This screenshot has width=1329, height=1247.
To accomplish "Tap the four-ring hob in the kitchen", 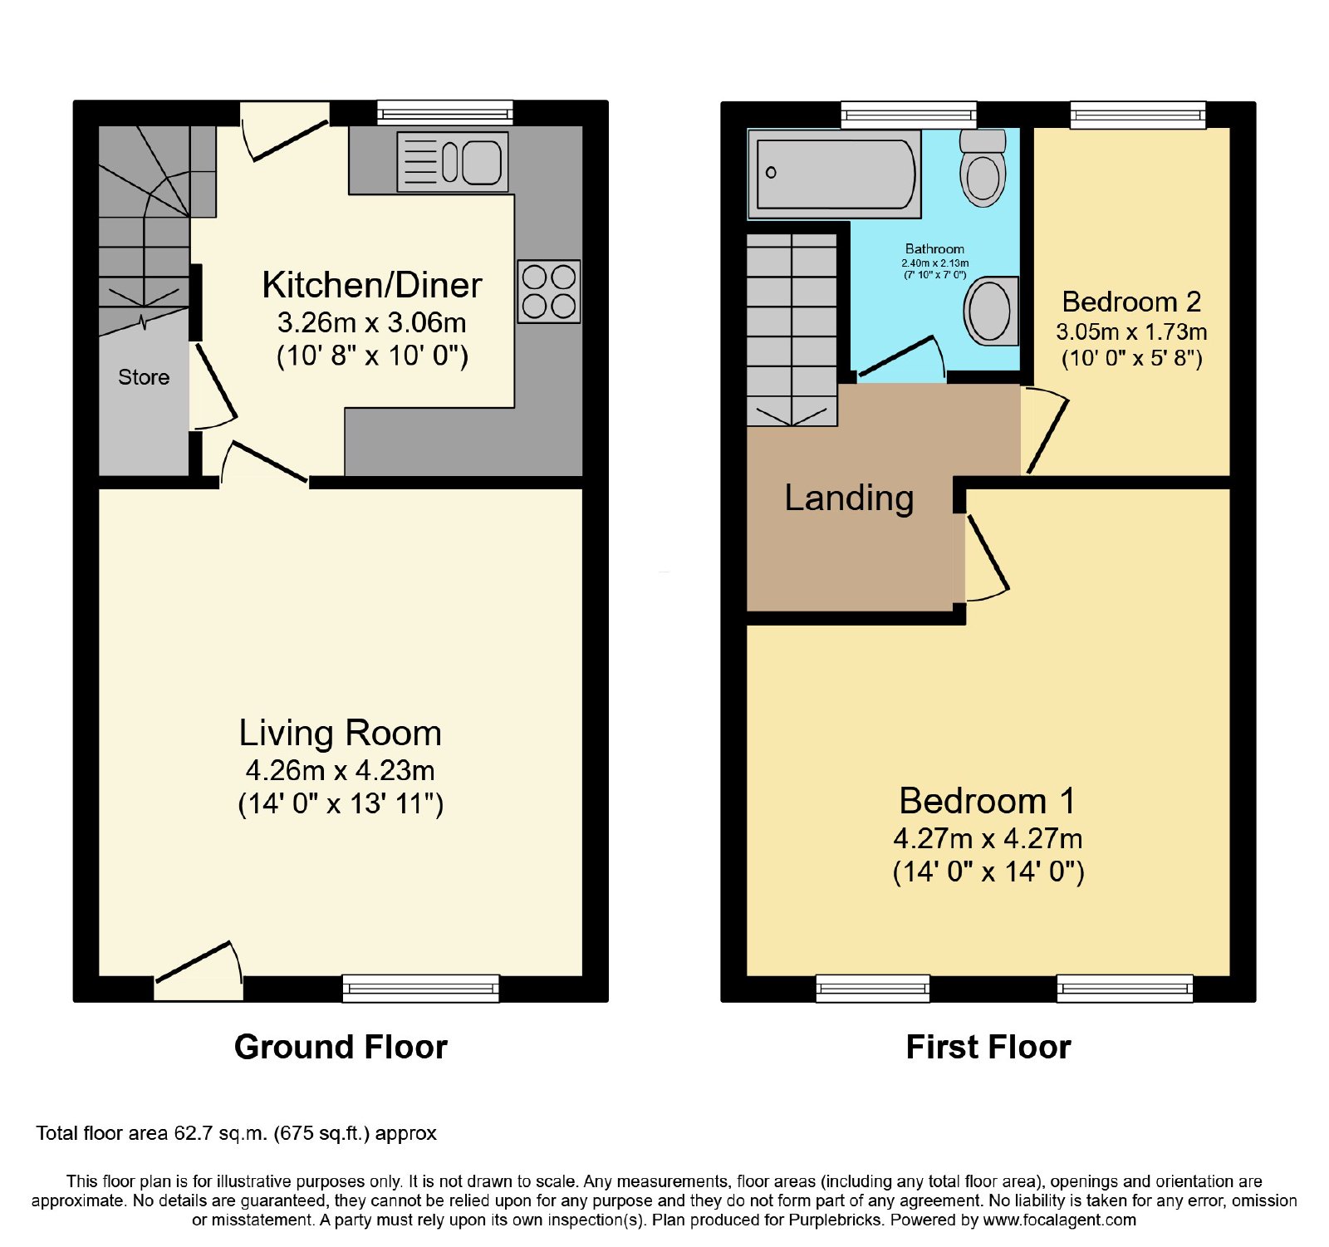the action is (x=549, y=292).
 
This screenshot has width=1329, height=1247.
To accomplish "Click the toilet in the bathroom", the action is (x=983, y=168).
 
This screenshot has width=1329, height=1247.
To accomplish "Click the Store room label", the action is (x=144, y=377).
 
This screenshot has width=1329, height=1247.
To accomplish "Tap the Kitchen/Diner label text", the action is (x=372, y=285).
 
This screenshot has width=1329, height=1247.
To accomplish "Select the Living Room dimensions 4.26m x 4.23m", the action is (x=341, y=771).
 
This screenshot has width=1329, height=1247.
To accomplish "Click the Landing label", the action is (x=849, y=498).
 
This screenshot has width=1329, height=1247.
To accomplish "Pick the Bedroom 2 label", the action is (x=1131, y=302).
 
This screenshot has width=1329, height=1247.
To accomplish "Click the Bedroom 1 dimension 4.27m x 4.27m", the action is (x=988, y=838).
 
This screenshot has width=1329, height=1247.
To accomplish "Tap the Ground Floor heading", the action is (x=341, y=1047).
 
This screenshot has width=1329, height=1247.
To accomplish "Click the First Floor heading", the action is (x=988, y=1047).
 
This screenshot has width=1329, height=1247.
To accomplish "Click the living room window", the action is (x=421, y=988).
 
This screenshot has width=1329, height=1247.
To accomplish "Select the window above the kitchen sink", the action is (x=445, y=113).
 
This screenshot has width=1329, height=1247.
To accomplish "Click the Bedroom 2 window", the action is (x=1138, y=115).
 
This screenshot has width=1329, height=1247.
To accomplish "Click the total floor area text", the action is (x=237, y=1134).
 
